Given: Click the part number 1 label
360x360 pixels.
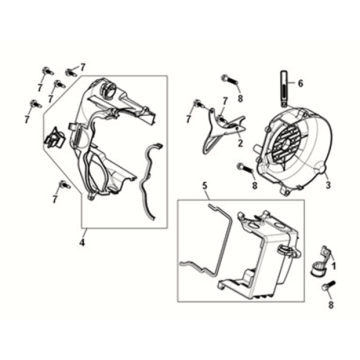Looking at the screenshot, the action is coord(334,267).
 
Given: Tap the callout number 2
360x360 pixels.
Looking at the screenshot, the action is coord(240,144).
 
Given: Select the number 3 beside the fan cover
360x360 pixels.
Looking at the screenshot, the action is coord(328,185).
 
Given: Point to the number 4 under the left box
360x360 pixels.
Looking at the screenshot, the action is coord(82,243).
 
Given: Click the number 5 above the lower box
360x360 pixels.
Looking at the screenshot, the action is coord(205,186).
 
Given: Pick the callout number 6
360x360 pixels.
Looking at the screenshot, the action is coord(300,83).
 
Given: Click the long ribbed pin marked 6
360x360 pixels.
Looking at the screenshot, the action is coord(283,89).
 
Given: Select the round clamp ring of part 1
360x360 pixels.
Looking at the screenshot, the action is coord(317,269).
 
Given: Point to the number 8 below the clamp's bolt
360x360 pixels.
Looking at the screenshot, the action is coord(331,304).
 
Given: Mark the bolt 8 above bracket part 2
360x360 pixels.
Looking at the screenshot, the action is coord(229,80).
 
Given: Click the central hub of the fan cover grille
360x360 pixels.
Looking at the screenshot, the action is coord(287,144).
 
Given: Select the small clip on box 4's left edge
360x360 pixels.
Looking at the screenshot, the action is coord(52,138).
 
